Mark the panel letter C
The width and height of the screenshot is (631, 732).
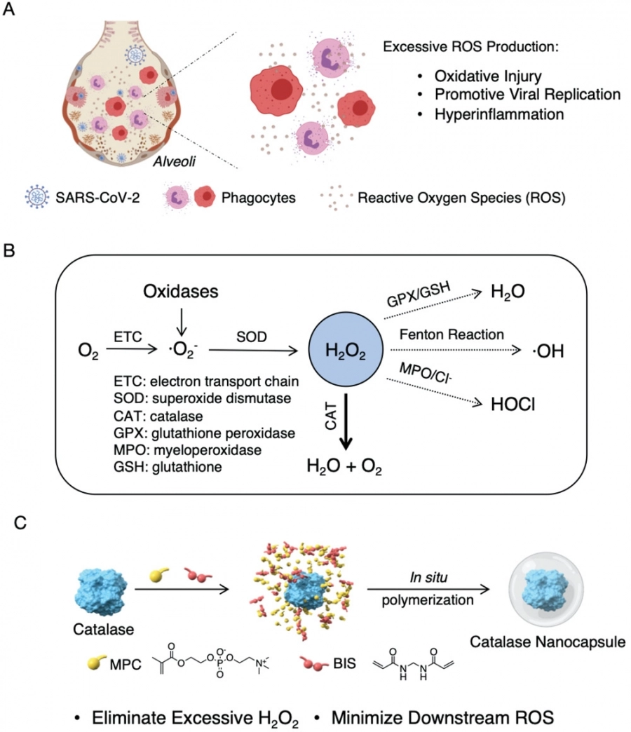24,524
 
